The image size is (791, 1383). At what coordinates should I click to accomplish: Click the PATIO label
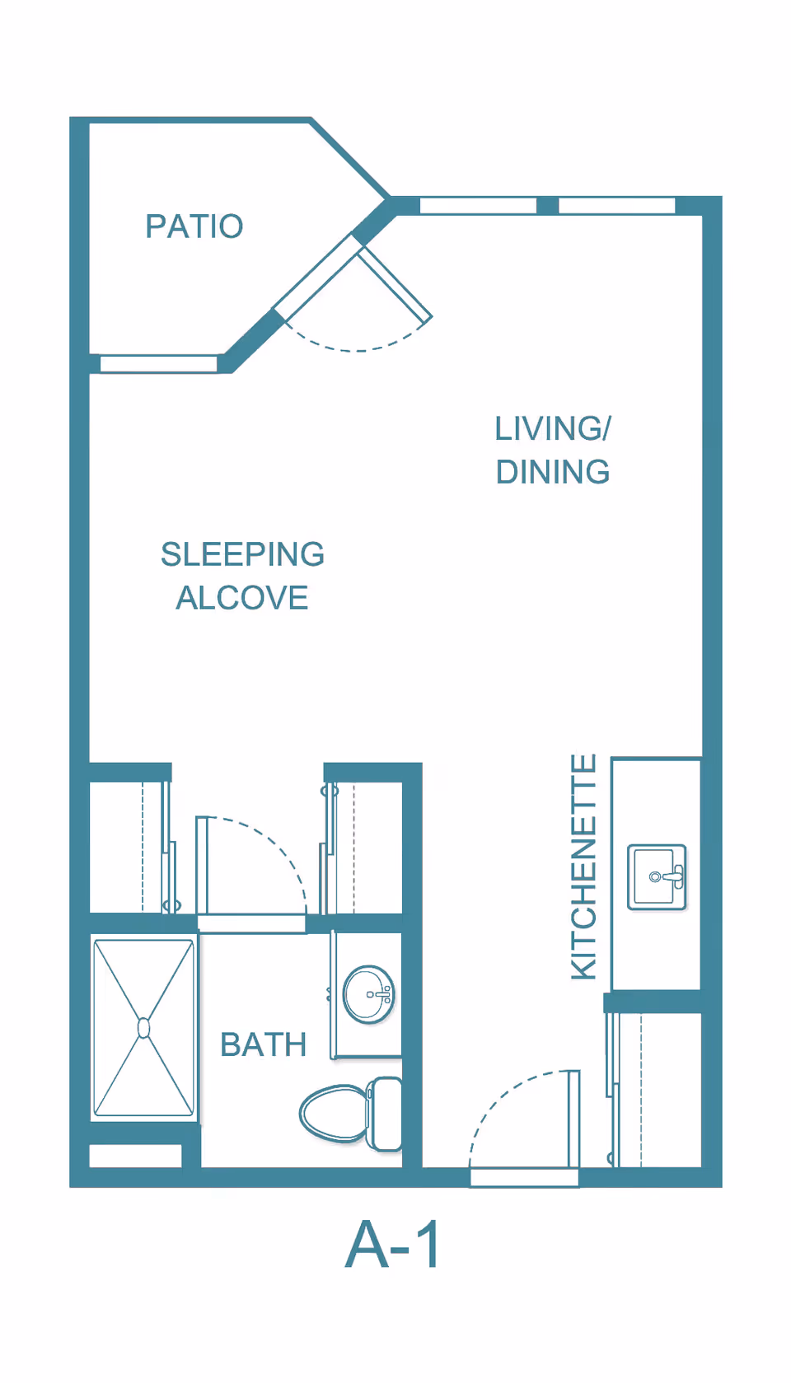[194, 226]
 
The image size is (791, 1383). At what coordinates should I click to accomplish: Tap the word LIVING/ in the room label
[553, 428]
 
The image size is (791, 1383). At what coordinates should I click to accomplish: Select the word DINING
[553, 472]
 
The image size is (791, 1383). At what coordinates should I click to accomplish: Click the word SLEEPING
[242, 554]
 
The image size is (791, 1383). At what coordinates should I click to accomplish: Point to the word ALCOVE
[242, 598]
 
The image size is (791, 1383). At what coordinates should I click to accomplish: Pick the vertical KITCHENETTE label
[583, 867]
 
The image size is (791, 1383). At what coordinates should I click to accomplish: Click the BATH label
[264, 1044]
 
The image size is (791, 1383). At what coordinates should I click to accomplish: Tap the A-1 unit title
[393, 1245]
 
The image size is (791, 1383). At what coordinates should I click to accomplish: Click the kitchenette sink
[657, 877]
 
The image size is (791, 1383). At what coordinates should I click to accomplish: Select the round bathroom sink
[368, 995]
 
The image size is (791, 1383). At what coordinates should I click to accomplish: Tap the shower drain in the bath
[144, 1028]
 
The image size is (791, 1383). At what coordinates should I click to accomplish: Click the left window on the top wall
[478, 206]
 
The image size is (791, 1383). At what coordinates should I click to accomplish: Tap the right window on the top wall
[617, 206]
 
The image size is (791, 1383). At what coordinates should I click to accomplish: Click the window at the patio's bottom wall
[159, 363]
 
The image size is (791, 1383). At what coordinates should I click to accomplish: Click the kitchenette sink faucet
[670, 876]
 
